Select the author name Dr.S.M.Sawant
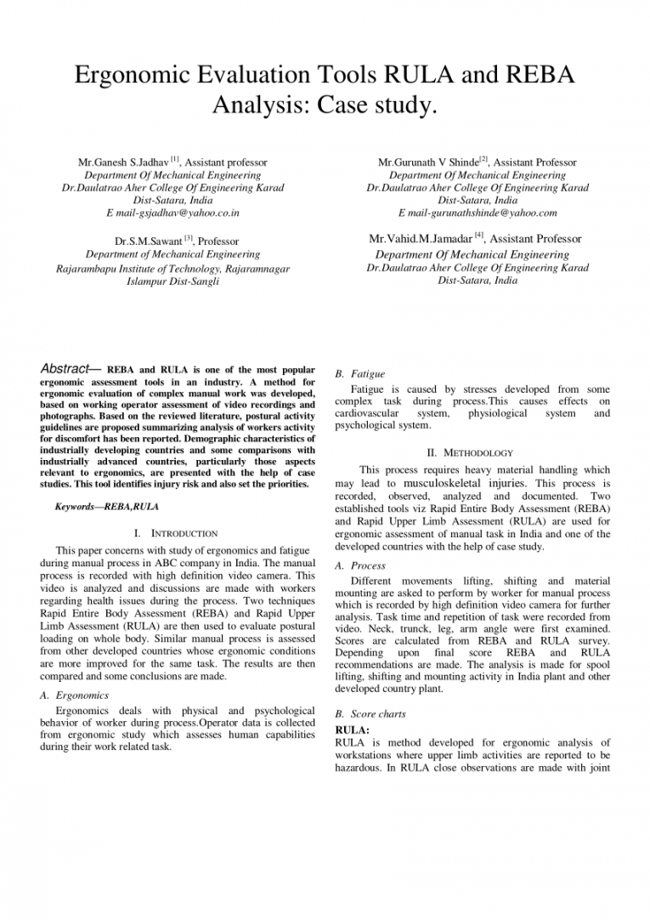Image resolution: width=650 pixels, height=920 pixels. pos(148,241)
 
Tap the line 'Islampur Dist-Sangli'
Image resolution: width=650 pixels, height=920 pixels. pos(172,281)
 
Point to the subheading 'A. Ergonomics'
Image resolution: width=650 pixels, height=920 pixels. pos(82,695)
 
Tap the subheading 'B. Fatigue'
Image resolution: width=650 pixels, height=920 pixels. pos(360,373)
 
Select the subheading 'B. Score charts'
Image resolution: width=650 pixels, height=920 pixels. pos(371,714)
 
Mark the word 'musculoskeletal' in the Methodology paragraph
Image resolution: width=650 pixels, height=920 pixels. pos(439,482)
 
